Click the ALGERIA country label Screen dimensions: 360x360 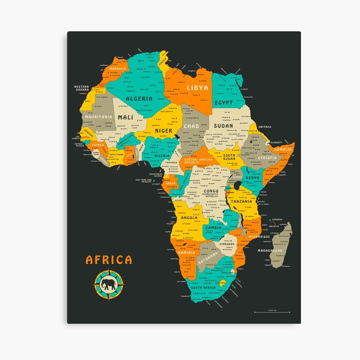point(139,98)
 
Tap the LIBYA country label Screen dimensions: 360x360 point(197,87)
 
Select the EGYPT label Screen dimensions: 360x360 point(224,103)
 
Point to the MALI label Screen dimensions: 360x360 point(125,117)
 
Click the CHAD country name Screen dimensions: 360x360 point(191,126)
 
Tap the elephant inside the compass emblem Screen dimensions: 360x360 point(109,285)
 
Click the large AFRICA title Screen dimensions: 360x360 point(109,260)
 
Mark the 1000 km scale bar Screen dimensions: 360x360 point(272,312)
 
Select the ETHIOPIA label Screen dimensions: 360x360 point(267,158)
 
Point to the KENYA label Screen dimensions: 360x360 point(252,178)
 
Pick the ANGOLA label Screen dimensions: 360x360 point(189,218)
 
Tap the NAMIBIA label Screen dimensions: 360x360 point(186,253)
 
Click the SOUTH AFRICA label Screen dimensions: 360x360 point(203,288)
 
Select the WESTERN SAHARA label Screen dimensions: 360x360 point(81,88)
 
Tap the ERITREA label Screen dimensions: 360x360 point(265,127)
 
